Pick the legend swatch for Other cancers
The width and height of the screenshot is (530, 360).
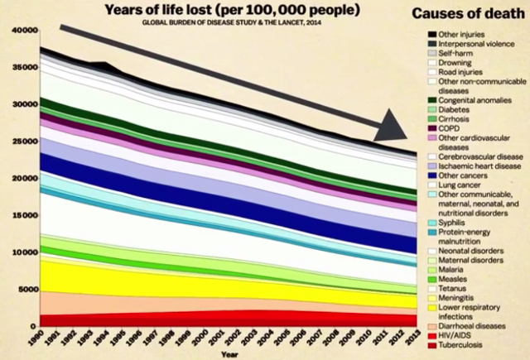(x=432, y=175)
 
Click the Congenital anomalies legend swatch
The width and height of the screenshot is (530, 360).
(x=432, y=99)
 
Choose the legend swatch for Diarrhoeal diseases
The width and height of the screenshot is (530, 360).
(x=432, y=324)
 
